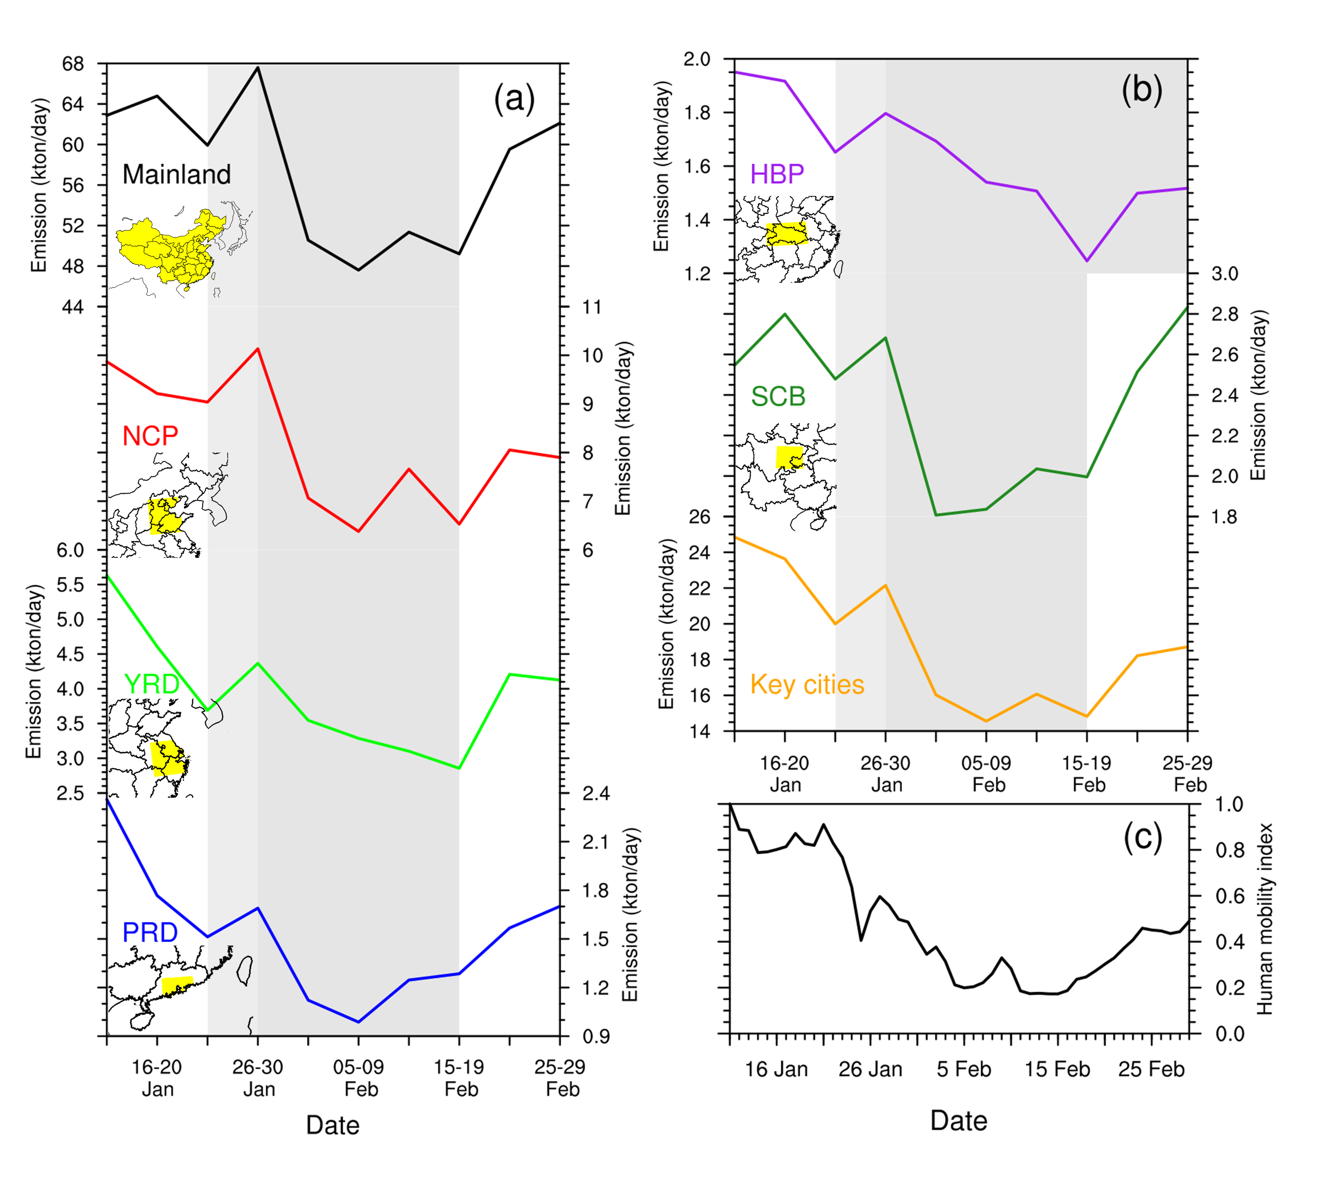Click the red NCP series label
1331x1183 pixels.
[150, 435]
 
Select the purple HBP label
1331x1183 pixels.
[777, 174]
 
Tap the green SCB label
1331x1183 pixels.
[778, 396]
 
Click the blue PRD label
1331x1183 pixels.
[150, 932]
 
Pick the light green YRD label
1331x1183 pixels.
[152, 684]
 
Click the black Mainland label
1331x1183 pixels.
[176, 174]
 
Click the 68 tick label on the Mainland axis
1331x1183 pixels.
[73, 64]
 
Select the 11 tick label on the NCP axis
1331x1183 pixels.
[591, 307]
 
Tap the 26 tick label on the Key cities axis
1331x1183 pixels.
[700, 517]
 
